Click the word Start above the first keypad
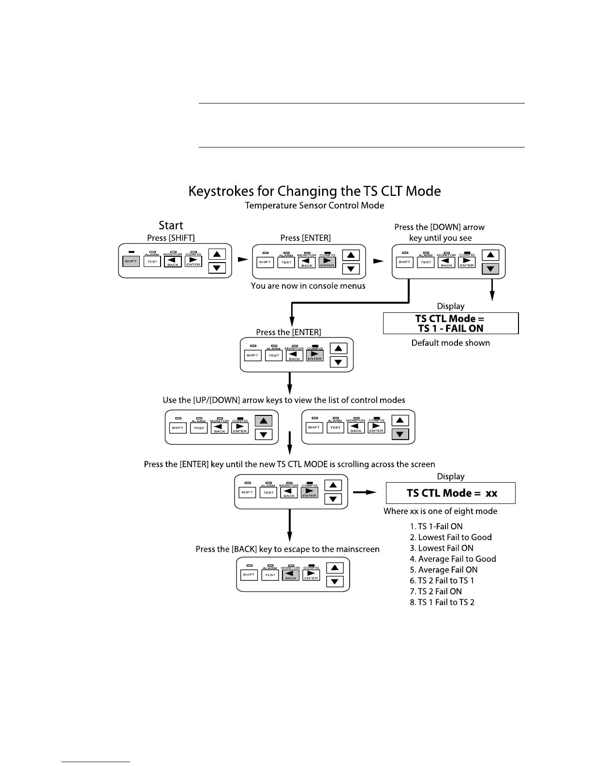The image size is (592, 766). pyautogui.click(x=171, y=225)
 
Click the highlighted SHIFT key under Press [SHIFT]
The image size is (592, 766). pyautogui.click(x=131, y=261)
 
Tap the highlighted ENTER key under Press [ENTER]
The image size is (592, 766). pyautogui.click(x=327, y=262)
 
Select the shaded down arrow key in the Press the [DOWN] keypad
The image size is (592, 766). pyautogui.click(x=490, y=268)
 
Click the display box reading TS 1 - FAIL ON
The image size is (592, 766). pyautogui.click(x=450, y=323)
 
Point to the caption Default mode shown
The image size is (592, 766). pyautogui.click(x=450, y=343)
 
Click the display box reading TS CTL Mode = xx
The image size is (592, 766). pyautogui.click(x=450, y=493)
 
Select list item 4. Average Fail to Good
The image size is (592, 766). pyautogui.click(x=453, y=559)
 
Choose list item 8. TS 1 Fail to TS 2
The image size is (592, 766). pyautogui.click(x=442, y=602)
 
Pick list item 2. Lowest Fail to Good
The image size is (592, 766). pyautogui.click(x=451, y=537)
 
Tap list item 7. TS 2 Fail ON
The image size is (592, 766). pyautogui.click(x=436, y=591)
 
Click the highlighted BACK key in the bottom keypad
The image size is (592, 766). pyautogui.click(x=291, y=575)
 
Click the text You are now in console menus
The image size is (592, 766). pyautogui.click(x=308, y=286)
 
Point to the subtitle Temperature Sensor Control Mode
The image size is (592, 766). pyautogui.click(x=314, y=206)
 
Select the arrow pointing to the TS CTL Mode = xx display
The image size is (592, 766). pyautogui.click(x=365, y=492)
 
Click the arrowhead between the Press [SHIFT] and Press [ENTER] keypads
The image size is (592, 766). pyautogui.click(x=243, y=260)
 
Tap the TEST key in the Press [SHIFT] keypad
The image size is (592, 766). pyautogui.click(x=152, y=262)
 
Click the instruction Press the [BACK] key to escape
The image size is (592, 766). pyautogui.click(x=287, y=549)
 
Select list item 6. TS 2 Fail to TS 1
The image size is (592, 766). pyautogui.click(x=442, y=581)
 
